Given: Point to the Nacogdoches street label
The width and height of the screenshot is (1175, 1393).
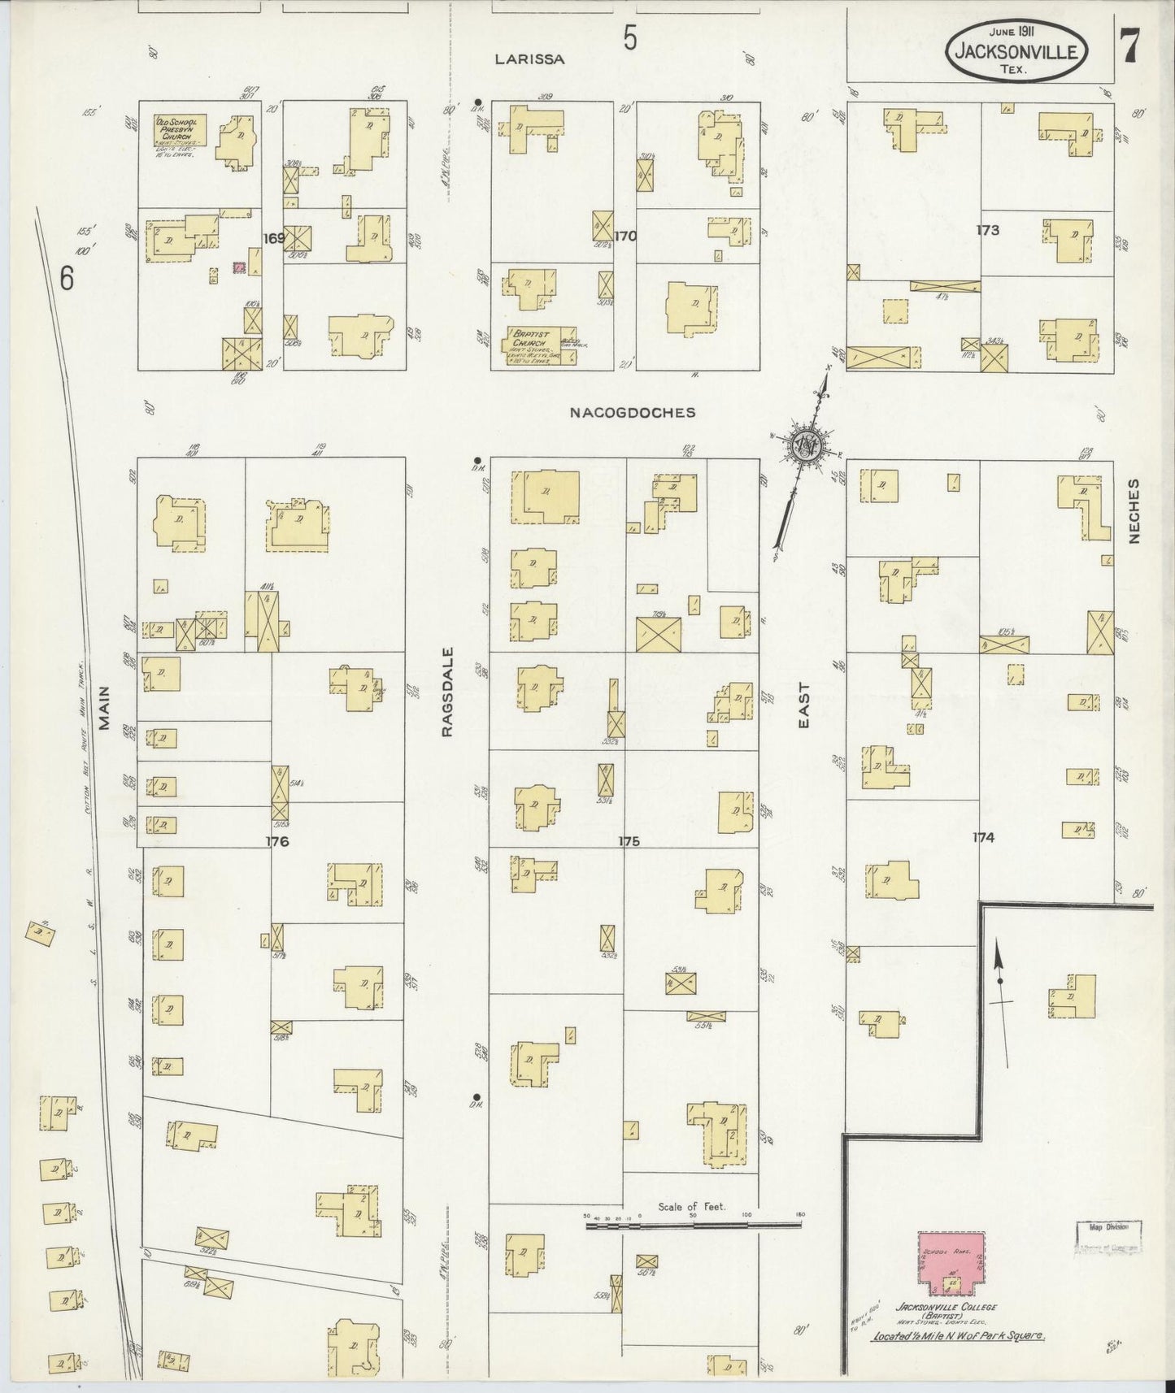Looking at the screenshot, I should tap(633, 412).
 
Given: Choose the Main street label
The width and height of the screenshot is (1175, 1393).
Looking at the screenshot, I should tap(105, 710).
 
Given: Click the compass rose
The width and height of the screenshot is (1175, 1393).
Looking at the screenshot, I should tap(806, 444).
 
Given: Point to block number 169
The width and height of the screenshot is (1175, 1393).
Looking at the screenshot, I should tap(274, 238).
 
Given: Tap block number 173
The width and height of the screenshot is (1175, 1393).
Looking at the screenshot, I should tap(987, 231).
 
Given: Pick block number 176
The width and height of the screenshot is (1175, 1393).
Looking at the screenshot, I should tap(276, 841).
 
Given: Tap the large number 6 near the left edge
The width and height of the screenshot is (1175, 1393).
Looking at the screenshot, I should tap(67, 279).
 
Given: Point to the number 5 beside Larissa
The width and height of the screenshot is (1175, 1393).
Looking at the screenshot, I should tap(630, 39).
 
